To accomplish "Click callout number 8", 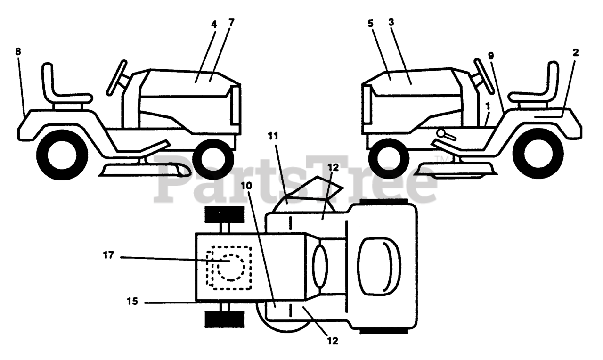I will tap(18, 52).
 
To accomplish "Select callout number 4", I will tap(214, 24).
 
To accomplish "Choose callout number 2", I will tap(576, 52).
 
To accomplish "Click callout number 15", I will tap(132, 301).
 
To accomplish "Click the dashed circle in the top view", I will tap(230, 267).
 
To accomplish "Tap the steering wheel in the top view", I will tap(318, 267).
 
